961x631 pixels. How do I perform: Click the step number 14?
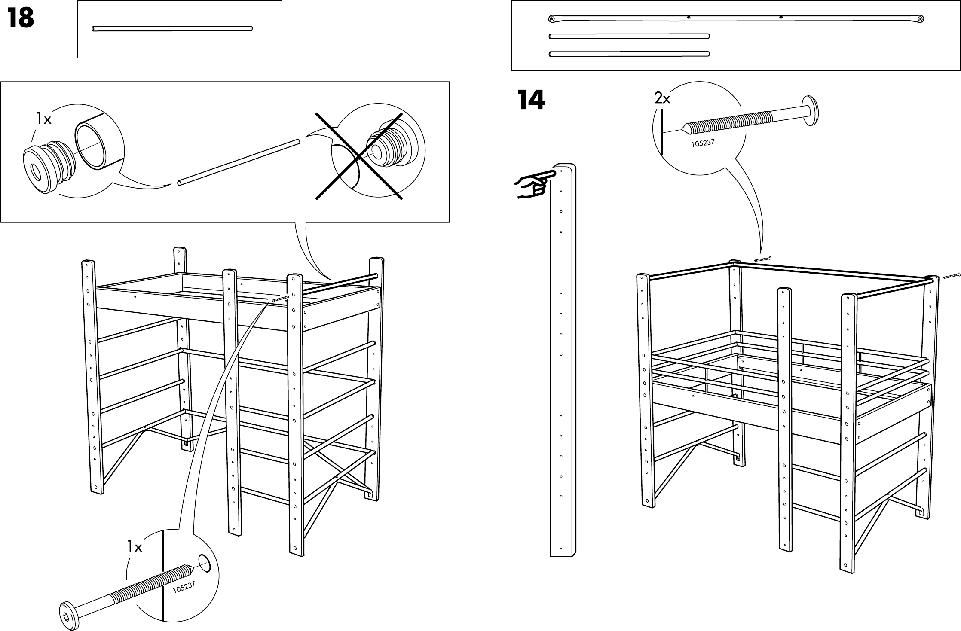531,101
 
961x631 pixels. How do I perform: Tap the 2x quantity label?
662,99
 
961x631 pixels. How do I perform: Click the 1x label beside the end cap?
43,119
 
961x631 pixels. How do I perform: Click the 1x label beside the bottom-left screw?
135,547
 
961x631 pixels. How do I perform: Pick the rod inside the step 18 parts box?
172,29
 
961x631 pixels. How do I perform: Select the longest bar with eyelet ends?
736,18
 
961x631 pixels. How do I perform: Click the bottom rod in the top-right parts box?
629,54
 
